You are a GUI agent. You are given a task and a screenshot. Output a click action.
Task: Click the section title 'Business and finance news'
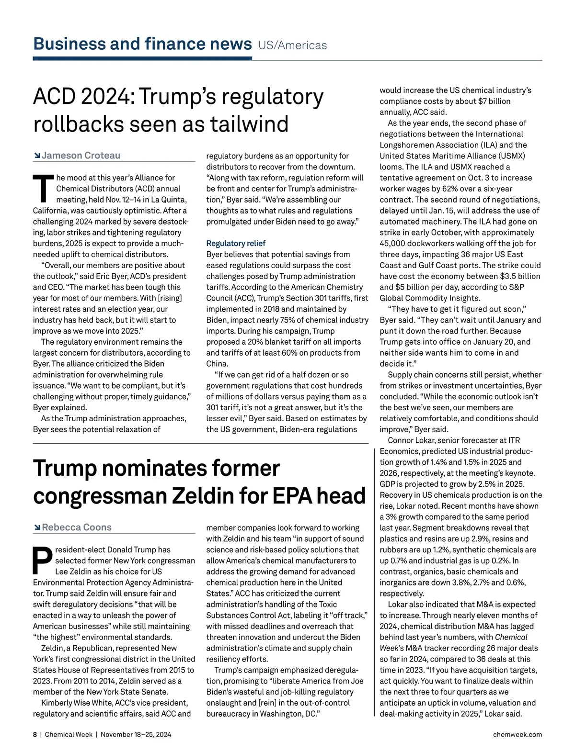click(142, 44)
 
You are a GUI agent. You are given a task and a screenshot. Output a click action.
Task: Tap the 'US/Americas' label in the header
click(292, 45)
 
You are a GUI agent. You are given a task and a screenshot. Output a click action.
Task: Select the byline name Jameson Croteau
click(81, 156)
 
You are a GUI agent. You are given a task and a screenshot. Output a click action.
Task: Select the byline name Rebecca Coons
click(77, 528)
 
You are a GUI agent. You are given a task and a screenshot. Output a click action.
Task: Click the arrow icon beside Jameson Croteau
click(37, 156)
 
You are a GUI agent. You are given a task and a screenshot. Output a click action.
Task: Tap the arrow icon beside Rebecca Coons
click(37, 528)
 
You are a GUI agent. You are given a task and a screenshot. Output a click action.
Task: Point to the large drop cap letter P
click(42, 561)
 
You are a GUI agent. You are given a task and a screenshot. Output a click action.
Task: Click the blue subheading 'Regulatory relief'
click(236, 243)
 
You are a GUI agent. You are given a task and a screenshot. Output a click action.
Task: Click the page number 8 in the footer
click(35, 734)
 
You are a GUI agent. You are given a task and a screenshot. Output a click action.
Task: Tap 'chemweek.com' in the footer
click(517, 734)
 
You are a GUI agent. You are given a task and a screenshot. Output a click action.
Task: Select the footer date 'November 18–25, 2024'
click(136, 734)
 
